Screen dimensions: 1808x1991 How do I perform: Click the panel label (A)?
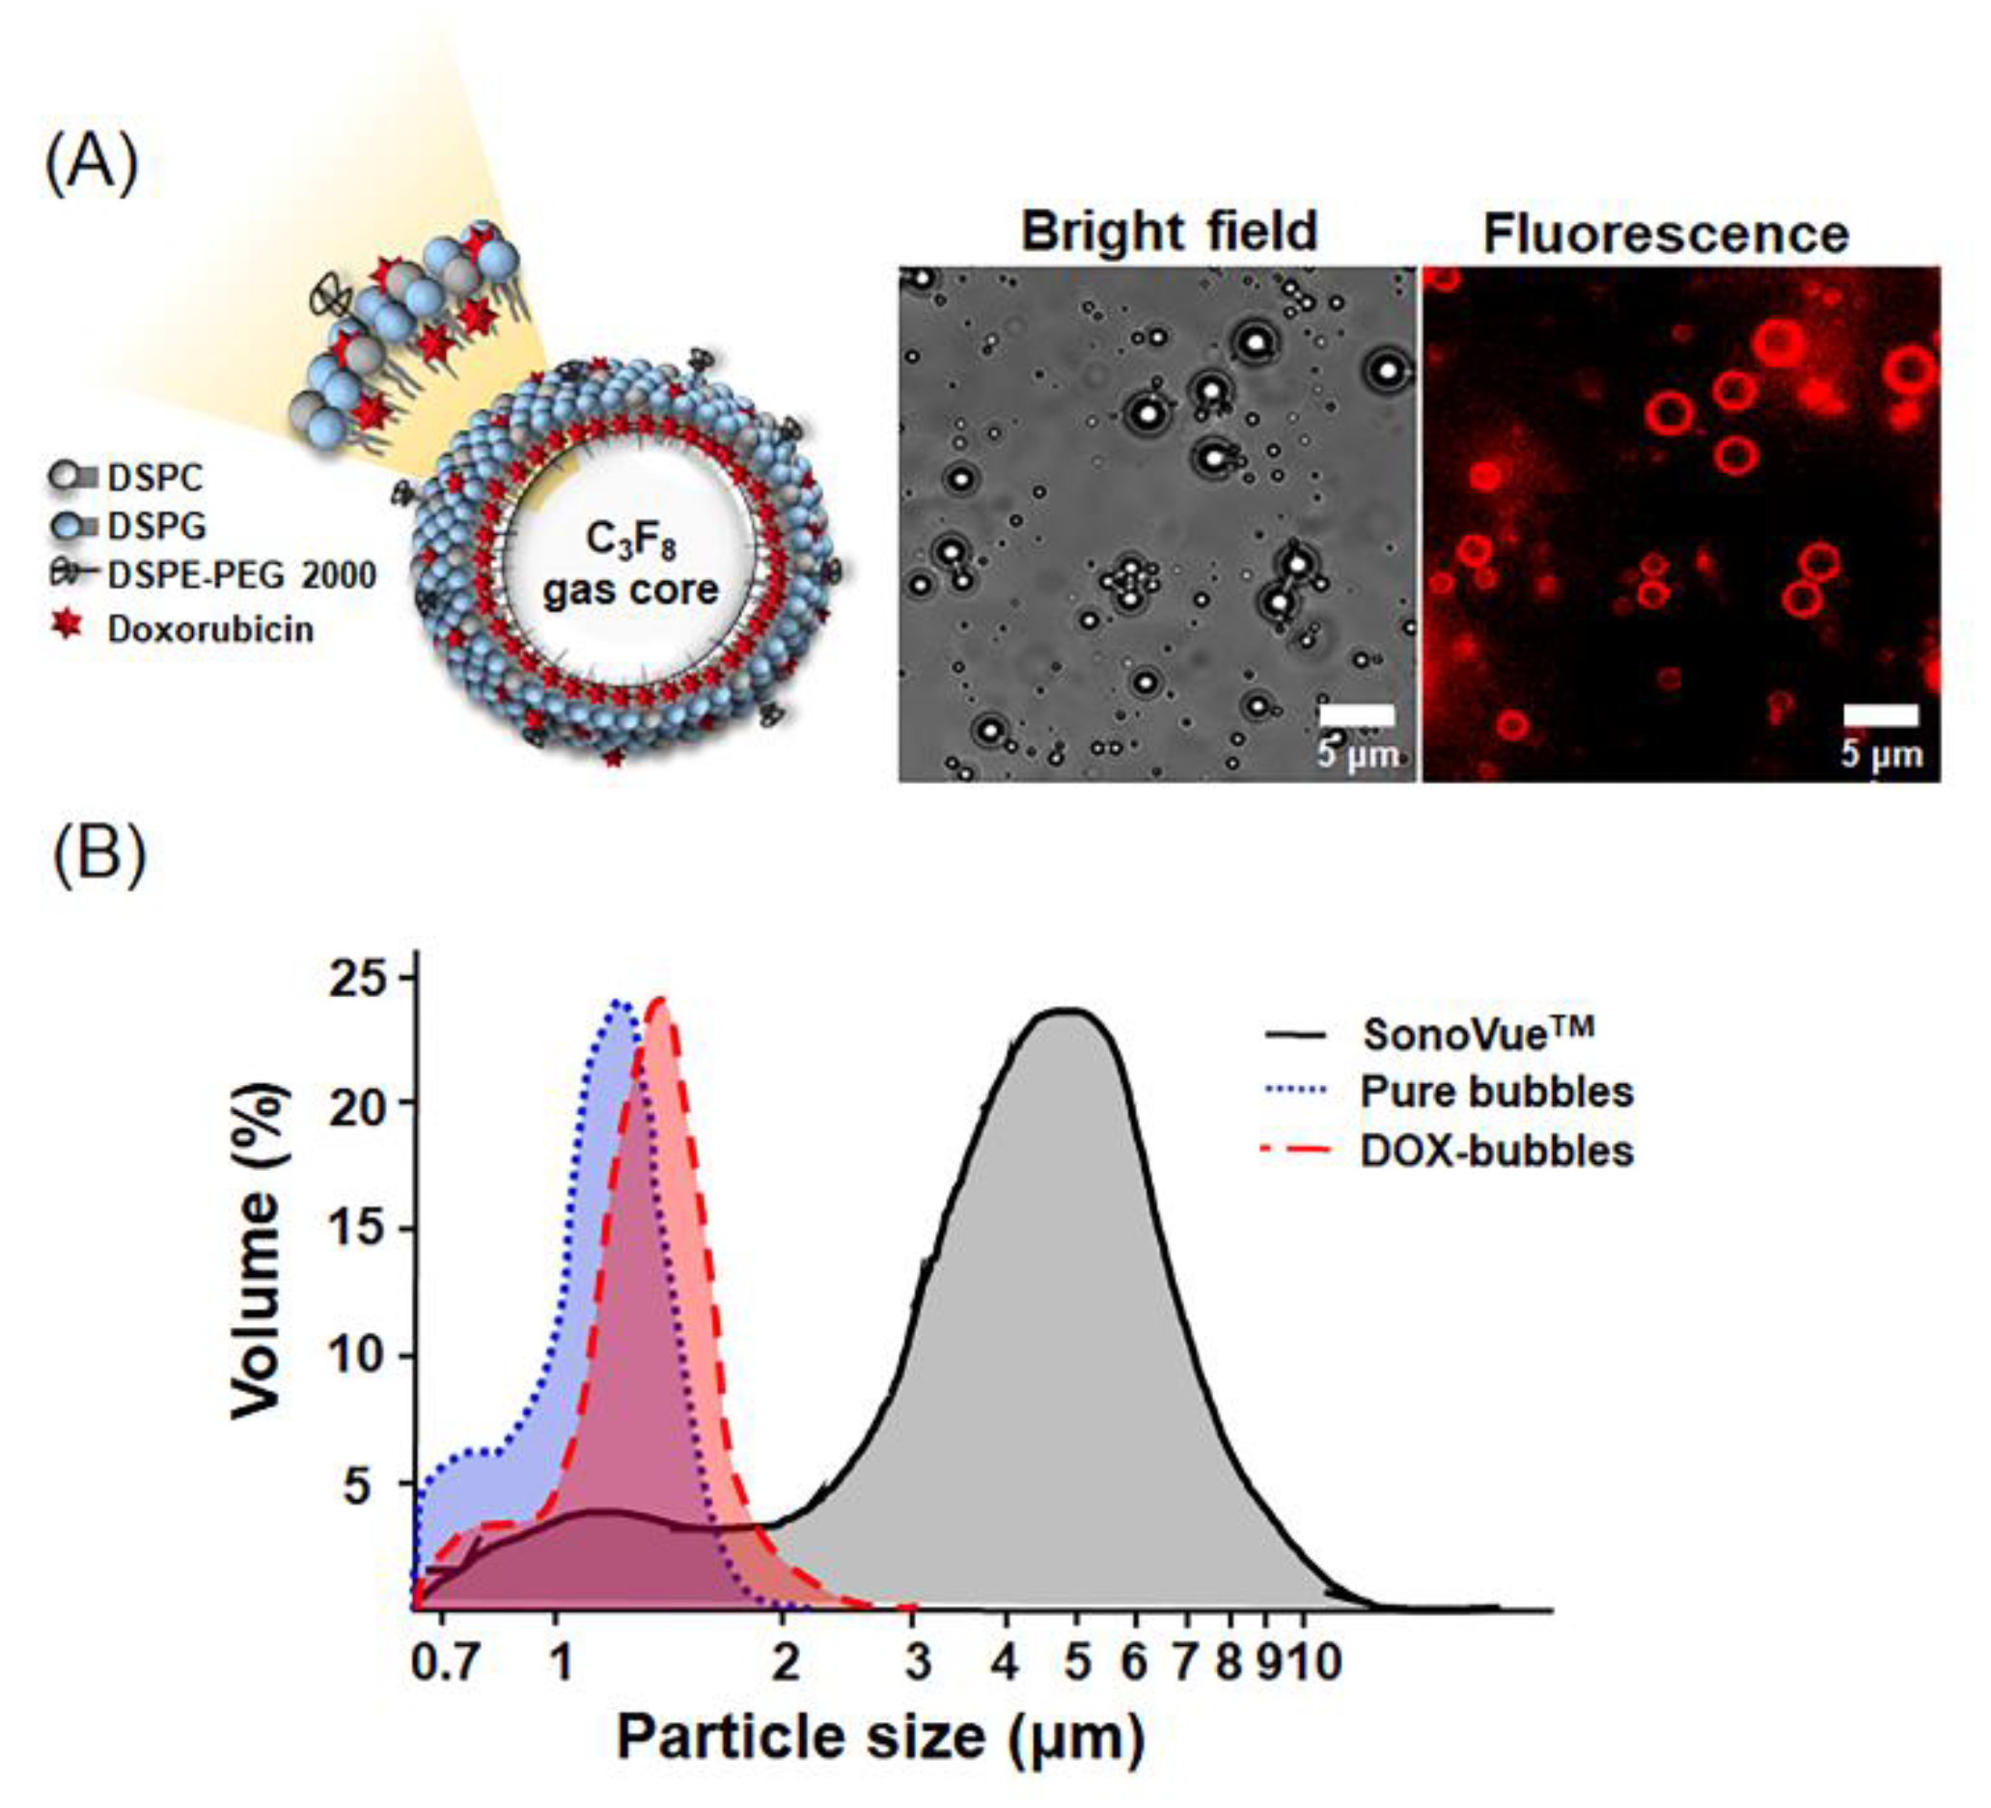[x=92, y=164]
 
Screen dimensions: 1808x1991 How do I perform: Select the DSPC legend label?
[x=154, y=478]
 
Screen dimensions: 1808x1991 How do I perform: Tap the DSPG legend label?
[x=156, y=526]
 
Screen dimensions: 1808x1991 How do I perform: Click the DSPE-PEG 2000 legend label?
[x=241, y=574]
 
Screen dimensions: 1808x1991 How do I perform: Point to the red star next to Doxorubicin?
[x=68, y=625]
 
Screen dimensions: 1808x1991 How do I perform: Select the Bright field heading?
[x=1169, y=230]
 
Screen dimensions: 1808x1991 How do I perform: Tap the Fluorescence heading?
[x=1665, y=235]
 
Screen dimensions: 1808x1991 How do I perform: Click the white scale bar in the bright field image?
[x=1356, y=714]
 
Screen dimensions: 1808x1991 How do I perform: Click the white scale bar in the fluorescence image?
[x=1880, y=714]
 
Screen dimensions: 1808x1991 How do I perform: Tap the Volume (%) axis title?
[x=259, y=1251]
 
